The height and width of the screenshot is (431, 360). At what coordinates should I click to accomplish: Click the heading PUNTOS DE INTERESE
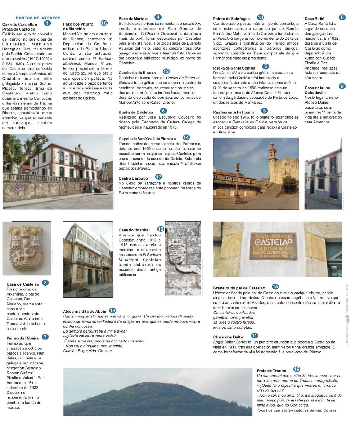point(38,18)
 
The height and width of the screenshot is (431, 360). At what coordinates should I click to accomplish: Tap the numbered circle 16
point(104,23)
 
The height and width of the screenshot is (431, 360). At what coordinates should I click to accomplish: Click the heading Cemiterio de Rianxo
point(137,72)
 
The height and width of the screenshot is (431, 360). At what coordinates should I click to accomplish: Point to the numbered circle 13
point(260,17)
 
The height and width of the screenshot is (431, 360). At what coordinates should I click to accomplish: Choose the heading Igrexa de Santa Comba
point(234,68)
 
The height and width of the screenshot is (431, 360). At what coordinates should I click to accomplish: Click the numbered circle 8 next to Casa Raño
point(342,17)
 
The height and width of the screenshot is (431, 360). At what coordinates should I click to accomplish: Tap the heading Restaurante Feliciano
point(233,112)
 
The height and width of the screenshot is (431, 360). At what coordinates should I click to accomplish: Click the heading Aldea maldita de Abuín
point(84,311)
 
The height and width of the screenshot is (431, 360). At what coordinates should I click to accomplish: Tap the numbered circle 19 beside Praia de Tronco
point(297,369)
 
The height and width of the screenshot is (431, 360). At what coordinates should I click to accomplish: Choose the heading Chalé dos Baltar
point(228,337)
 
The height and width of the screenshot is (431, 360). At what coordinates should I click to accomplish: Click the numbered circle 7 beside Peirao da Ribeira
point(45,337)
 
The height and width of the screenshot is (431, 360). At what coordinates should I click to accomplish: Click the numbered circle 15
point(275,286)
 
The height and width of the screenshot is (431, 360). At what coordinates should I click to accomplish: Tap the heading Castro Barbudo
point(133,178)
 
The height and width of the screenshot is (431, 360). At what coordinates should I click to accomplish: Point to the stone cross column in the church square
point(237,180)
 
